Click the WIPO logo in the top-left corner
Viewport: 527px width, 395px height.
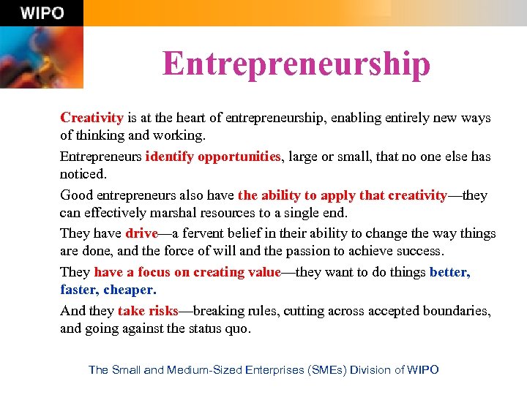[x=42, y=13]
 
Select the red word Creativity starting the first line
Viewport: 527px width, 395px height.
[x=91, y=118]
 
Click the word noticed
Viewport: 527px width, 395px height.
[x=83, y=174]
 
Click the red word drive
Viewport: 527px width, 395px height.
[x=141, y=234]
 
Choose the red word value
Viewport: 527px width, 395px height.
[x=263, y=272]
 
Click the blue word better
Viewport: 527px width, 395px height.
[x=449, y=272]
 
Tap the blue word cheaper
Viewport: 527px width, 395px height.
[x=130, y=290]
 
